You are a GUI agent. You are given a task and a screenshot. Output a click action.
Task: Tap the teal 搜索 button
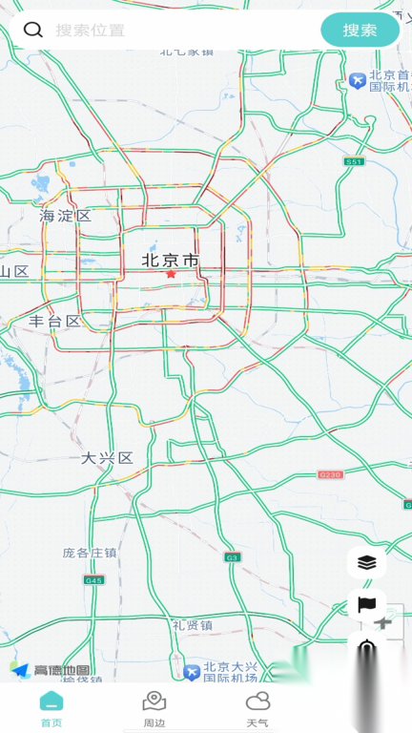[360, 30]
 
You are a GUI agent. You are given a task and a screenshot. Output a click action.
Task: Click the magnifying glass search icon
[33, 30]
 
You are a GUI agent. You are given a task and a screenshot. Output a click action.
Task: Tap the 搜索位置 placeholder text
[90, 31]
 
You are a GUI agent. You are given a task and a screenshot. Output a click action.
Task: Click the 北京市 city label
[171, 260]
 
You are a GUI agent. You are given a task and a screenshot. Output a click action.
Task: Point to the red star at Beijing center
[171, 274]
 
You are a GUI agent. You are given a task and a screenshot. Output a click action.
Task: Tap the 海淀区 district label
[65, 216]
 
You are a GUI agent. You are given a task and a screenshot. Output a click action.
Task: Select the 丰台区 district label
[55, 321]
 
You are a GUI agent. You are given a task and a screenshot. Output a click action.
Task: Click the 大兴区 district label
[107, 458]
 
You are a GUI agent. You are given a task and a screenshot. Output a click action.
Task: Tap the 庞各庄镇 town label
[90, 552]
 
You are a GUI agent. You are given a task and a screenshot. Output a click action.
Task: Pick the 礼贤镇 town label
[193, 625]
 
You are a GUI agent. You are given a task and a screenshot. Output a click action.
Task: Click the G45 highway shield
[93, 579]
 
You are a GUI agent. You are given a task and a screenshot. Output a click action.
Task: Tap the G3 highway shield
[232, 556]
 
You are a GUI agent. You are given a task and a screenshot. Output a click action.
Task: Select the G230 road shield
[330, 474]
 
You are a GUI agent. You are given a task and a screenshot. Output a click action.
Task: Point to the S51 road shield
[355, 162]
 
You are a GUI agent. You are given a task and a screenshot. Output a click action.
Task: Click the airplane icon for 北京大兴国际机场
[192, 673]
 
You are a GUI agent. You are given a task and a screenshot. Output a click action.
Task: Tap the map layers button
[367, 563]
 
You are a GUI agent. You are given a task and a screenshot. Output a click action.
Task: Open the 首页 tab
[51, 709]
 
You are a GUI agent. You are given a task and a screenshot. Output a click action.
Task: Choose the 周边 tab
[154, 709]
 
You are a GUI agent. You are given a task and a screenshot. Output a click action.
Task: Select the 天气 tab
[257, 709]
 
